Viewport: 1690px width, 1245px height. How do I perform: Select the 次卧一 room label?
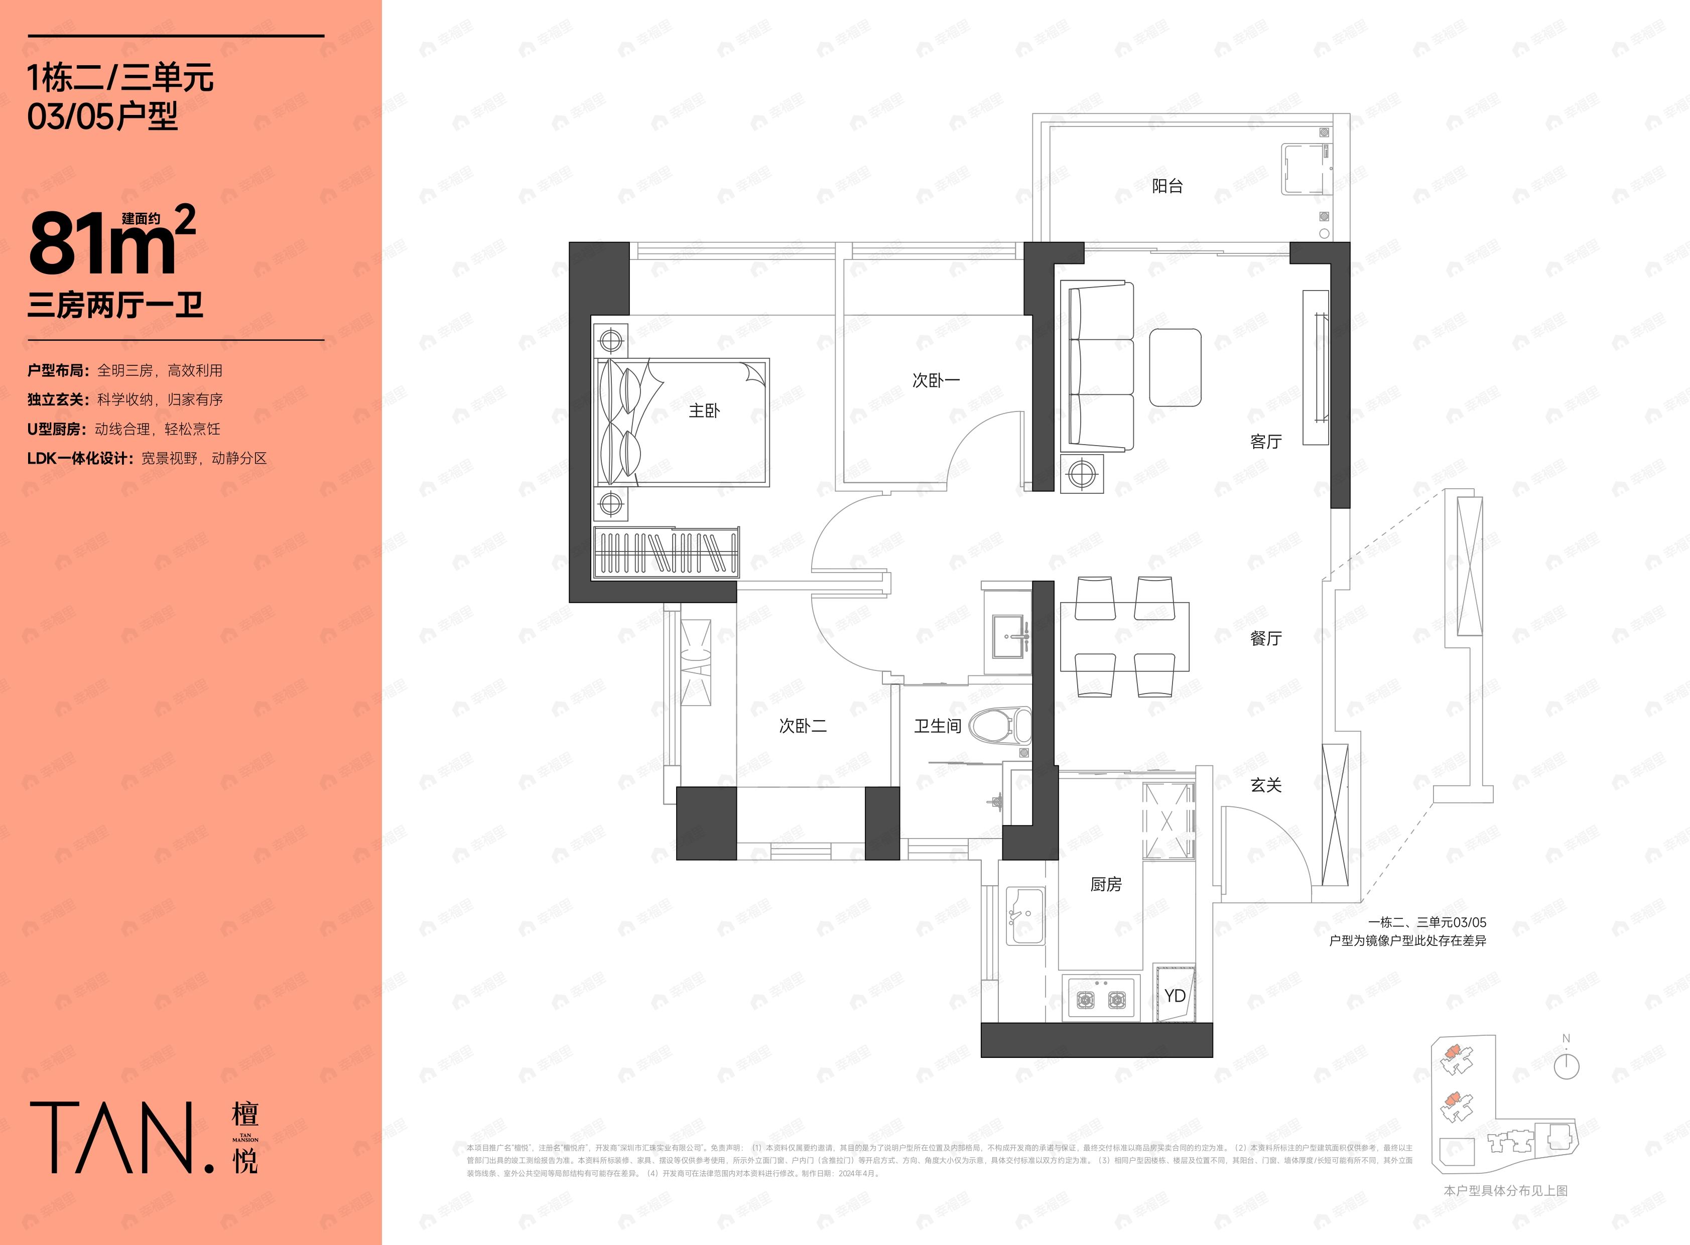pos(936,380)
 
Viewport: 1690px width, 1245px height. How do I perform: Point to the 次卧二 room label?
pos(802,726)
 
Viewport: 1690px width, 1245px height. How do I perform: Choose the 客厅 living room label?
pos(1265,442)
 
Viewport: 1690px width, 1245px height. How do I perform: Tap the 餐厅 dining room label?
pos(1265,638)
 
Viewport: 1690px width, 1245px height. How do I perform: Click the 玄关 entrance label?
pos(1265,785)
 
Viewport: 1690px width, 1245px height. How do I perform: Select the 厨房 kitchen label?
pos(1106,884)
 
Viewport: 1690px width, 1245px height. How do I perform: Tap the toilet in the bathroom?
pos(1000,726)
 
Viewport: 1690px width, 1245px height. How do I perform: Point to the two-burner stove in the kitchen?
pos(1101,999)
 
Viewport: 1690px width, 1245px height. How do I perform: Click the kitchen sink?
pos(1025,915)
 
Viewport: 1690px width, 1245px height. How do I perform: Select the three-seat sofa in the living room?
pos(1096,366)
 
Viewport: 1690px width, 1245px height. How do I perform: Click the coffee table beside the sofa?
pos(1175,367)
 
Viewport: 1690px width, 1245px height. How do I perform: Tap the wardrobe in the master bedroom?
pos(666,552)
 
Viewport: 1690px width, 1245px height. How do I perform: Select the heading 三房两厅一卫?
pos(115,306)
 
